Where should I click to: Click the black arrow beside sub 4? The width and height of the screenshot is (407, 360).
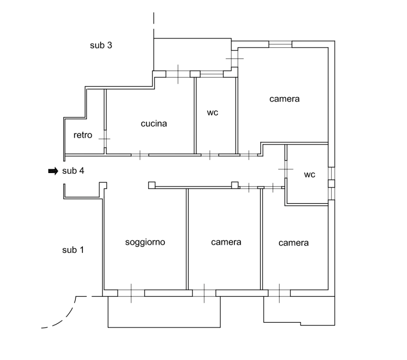coord(53,171)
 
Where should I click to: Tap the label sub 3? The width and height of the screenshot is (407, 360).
coord(101,45)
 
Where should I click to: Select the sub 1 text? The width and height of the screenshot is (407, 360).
coord(73,250)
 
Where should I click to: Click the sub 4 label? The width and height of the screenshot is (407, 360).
coord(73,171)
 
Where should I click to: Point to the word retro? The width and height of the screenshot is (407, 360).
coord(83,135)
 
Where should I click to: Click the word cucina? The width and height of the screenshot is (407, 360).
coord(154,124)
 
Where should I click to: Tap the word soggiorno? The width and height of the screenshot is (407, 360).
coord(145,242)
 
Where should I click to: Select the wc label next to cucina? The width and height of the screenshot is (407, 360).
coord(213,113)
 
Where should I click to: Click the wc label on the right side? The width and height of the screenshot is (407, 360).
coord(310,175)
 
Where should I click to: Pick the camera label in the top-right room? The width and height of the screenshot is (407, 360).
coord(285,99)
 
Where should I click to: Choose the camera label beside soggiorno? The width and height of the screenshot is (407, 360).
coord(226,242)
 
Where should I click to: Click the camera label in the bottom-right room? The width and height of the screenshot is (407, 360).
coord(294,243)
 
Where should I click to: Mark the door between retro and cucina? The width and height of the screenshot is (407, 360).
coord(105,139)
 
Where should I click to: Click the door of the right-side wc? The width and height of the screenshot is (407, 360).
coord(286,169)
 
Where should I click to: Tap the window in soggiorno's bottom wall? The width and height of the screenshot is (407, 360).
coord(131,293)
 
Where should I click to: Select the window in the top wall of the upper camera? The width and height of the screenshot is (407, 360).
coord(280,44)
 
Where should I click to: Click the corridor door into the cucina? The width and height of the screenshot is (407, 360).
coord(140,155)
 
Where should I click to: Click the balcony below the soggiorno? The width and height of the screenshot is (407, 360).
coord(164,312)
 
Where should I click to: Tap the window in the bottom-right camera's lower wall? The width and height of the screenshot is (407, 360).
coord(279,293)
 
